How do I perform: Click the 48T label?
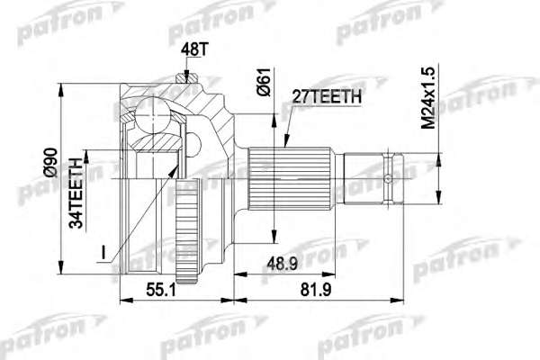click(194, 50)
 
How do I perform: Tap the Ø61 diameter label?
click(265, 82)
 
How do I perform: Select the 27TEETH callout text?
click(327, 97)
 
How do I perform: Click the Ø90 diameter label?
click(51, 163)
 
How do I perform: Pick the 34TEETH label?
click(76, 193)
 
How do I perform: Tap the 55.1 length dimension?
click(161, 290)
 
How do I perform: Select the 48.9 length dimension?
click(283, 264)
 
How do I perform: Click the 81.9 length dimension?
click(316, 290)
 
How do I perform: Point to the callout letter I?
click(103, 253)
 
